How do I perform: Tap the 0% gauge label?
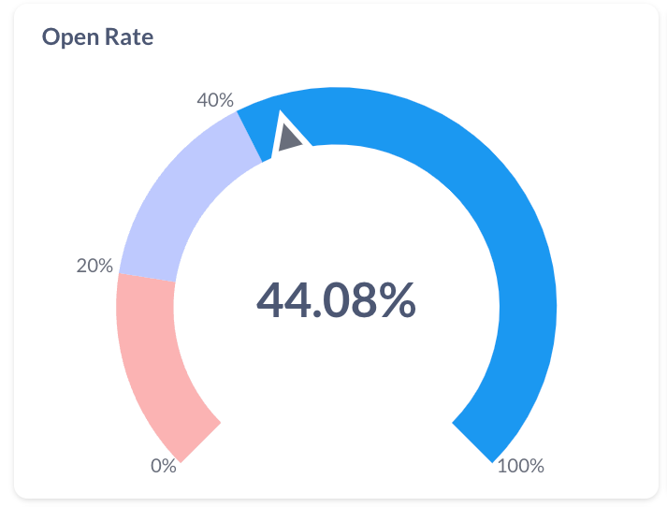point(164,466)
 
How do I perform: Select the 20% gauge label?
point(94,266)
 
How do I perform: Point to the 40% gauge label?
point(215,100)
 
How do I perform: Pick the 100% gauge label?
point(520,466)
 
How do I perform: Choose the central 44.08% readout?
point(336,300)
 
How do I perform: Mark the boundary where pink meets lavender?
point(146,278)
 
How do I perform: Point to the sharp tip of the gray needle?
point(283,118)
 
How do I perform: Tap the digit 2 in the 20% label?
point(81,266)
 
